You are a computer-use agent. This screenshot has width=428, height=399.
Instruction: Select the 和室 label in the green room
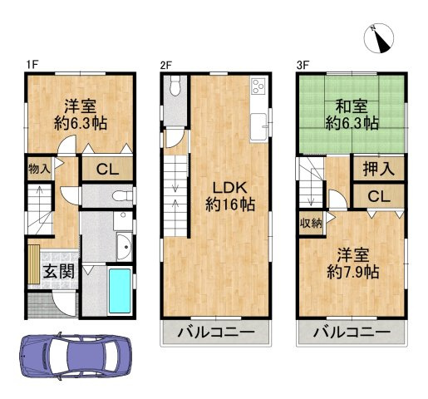point(352,106)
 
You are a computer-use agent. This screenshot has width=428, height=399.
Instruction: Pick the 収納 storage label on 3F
point(311,222)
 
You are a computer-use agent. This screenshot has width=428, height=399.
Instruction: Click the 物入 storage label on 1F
point(39,169)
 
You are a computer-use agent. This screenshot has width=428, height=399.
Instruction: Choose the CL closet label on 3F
point(378,196)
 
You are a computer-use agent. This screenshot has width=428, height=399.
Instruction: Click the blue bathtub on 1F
point(121,292)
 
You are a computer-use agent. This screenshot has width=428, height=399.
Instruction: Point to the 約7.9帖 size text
point(352,271)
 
